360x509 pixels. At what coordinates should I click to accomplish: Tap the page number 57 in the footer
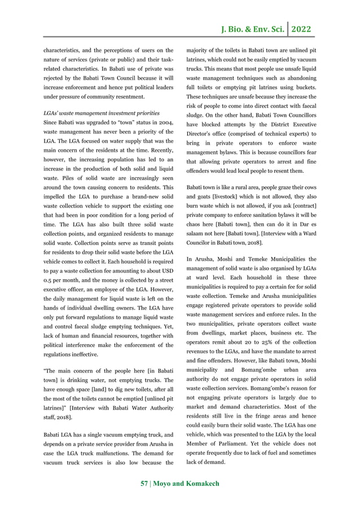coord(144,484)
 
